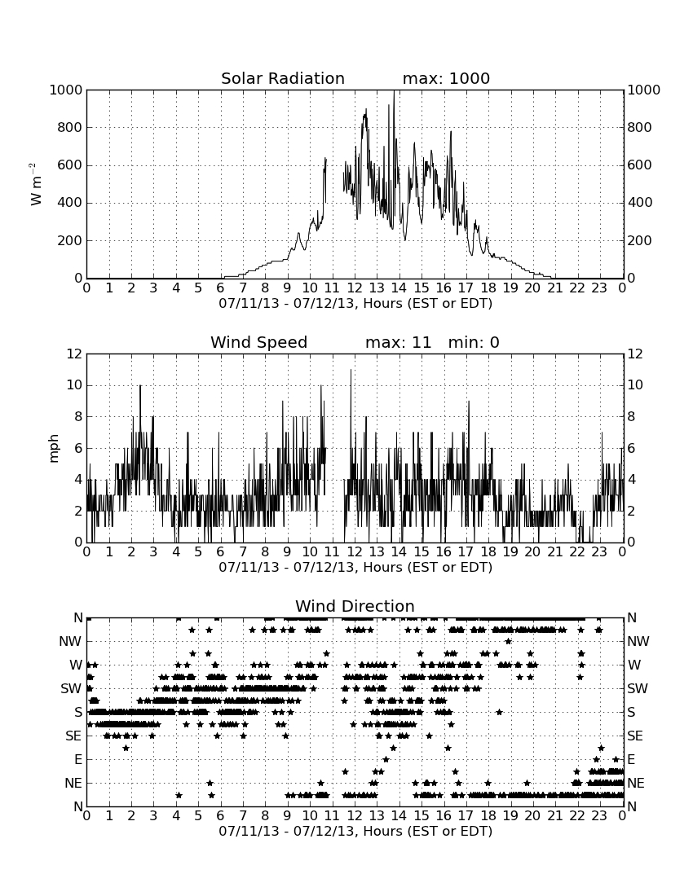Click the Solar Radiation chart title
pos(282,78)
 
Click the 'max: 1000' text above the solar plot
pos(446,78)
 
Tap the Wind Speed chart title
pos(258,342)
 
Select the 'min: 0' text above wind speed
pos(474,342)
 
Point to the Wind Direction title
pos(355,606)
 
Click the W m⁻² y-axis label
pos(35,184)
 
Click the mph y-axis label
pos(54,449)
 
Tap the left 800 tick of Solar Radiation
pos(70,127)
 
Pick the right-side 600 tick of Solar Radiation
pos(640,165)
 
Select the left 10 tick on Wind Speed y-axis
pos(75,385)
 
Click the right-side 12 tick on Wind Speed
pos(635,354)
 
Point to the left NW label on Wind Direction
pos(70,642)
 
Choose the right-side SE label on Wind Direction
pos(635,736)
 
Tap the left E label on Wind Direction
pos(78,759)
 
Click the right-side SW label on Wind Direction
pos(638,688)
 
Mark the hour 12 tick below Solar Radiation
pos(355,288)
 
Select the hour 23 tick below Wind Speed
pos(599,552)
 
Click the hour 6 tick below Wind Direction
pos(221,816)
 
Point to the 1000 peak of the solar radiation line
pos(394,91)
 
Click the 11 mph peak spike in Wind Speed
pos(351,371)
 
